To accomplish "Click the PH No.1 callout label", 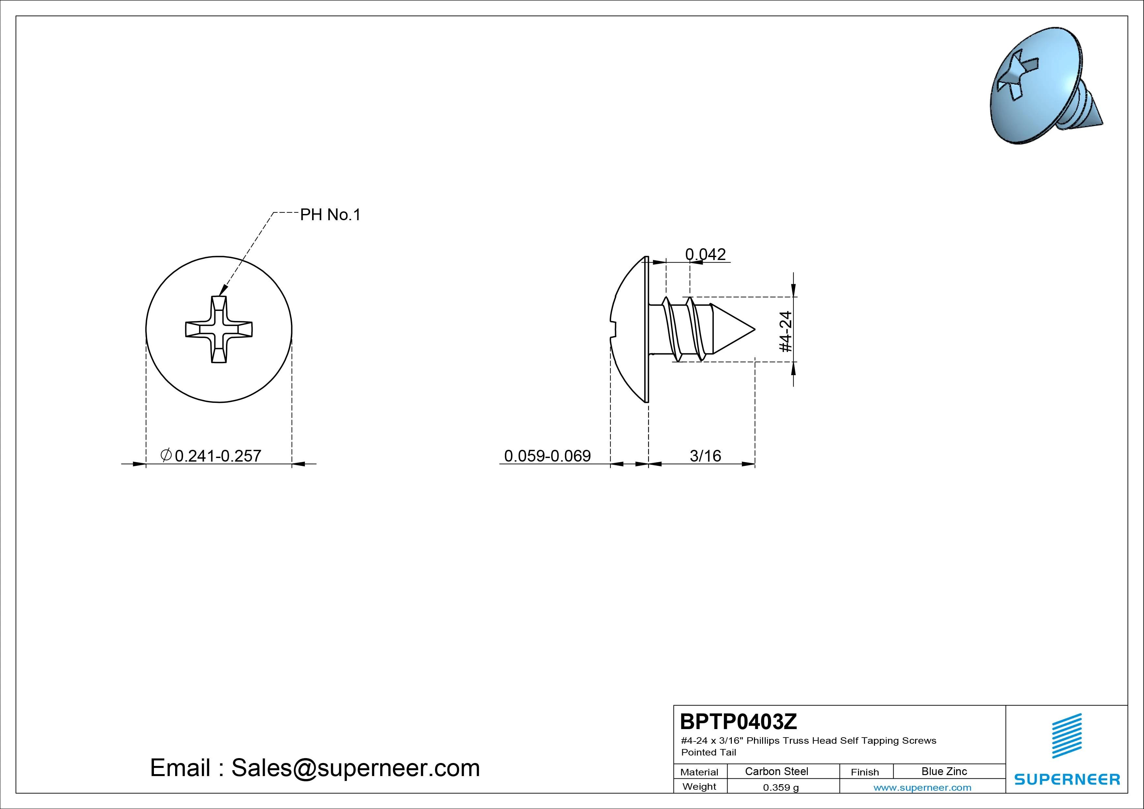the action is tap(330, 215).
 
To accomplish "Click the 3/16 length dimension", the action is tap(705, 456).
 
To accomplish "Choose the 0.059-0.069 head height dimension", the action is tap(548, 456).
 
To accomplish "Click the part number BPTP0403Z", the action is tap(738, 721).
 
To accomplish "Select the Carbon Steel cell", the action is tap(776, 771).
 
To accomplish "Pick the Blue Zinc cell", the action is tap(944, 771).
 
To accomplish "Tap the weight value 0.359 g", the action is tap(781, 787).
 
